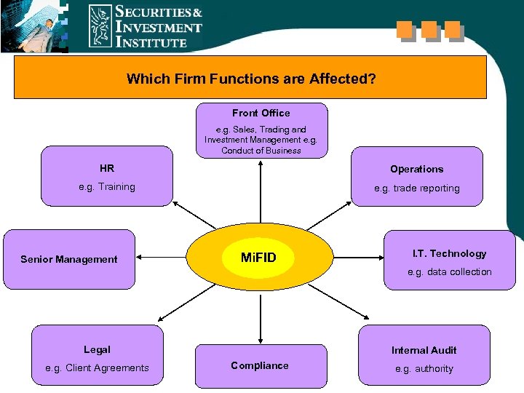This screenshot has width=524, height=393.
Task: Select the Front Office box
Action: (261, 130)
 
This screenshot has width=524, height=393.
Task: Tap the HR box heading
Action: (107, 169)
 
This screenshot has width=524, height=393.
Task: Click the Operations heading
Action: (416, 169)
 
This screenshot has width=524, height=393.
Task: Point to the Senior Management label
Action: (69, 259)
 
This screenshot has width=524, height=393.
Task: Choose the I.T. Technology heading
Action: (449, 253)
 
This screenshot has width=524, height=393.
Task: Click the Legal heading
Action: (97, 350)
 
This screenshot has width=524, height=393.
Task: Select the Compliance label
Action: (260, 365)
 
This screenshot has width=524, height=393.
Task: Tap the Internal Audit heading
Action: (424, 350)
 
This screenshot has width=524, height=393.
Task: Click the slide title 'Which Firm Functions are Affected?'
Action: (251, 78)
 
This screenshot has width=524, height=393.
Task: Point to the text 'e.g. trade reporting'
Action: (417, 188)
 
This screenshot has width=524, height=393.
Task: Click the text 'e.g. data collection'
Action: (450, 272)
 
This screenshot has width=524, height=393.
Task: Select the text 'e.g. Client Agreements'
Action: (97, 368)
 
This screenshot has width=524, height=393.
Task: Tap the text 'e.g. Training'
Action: (107, 187)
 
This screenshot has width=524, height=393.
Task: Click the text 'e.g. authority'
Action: (424, 369)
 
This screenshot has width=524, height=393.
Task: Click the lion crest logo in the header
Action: (100, 25)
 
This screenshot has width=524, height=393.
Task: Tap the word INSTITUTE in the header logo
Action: (152, 42)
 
